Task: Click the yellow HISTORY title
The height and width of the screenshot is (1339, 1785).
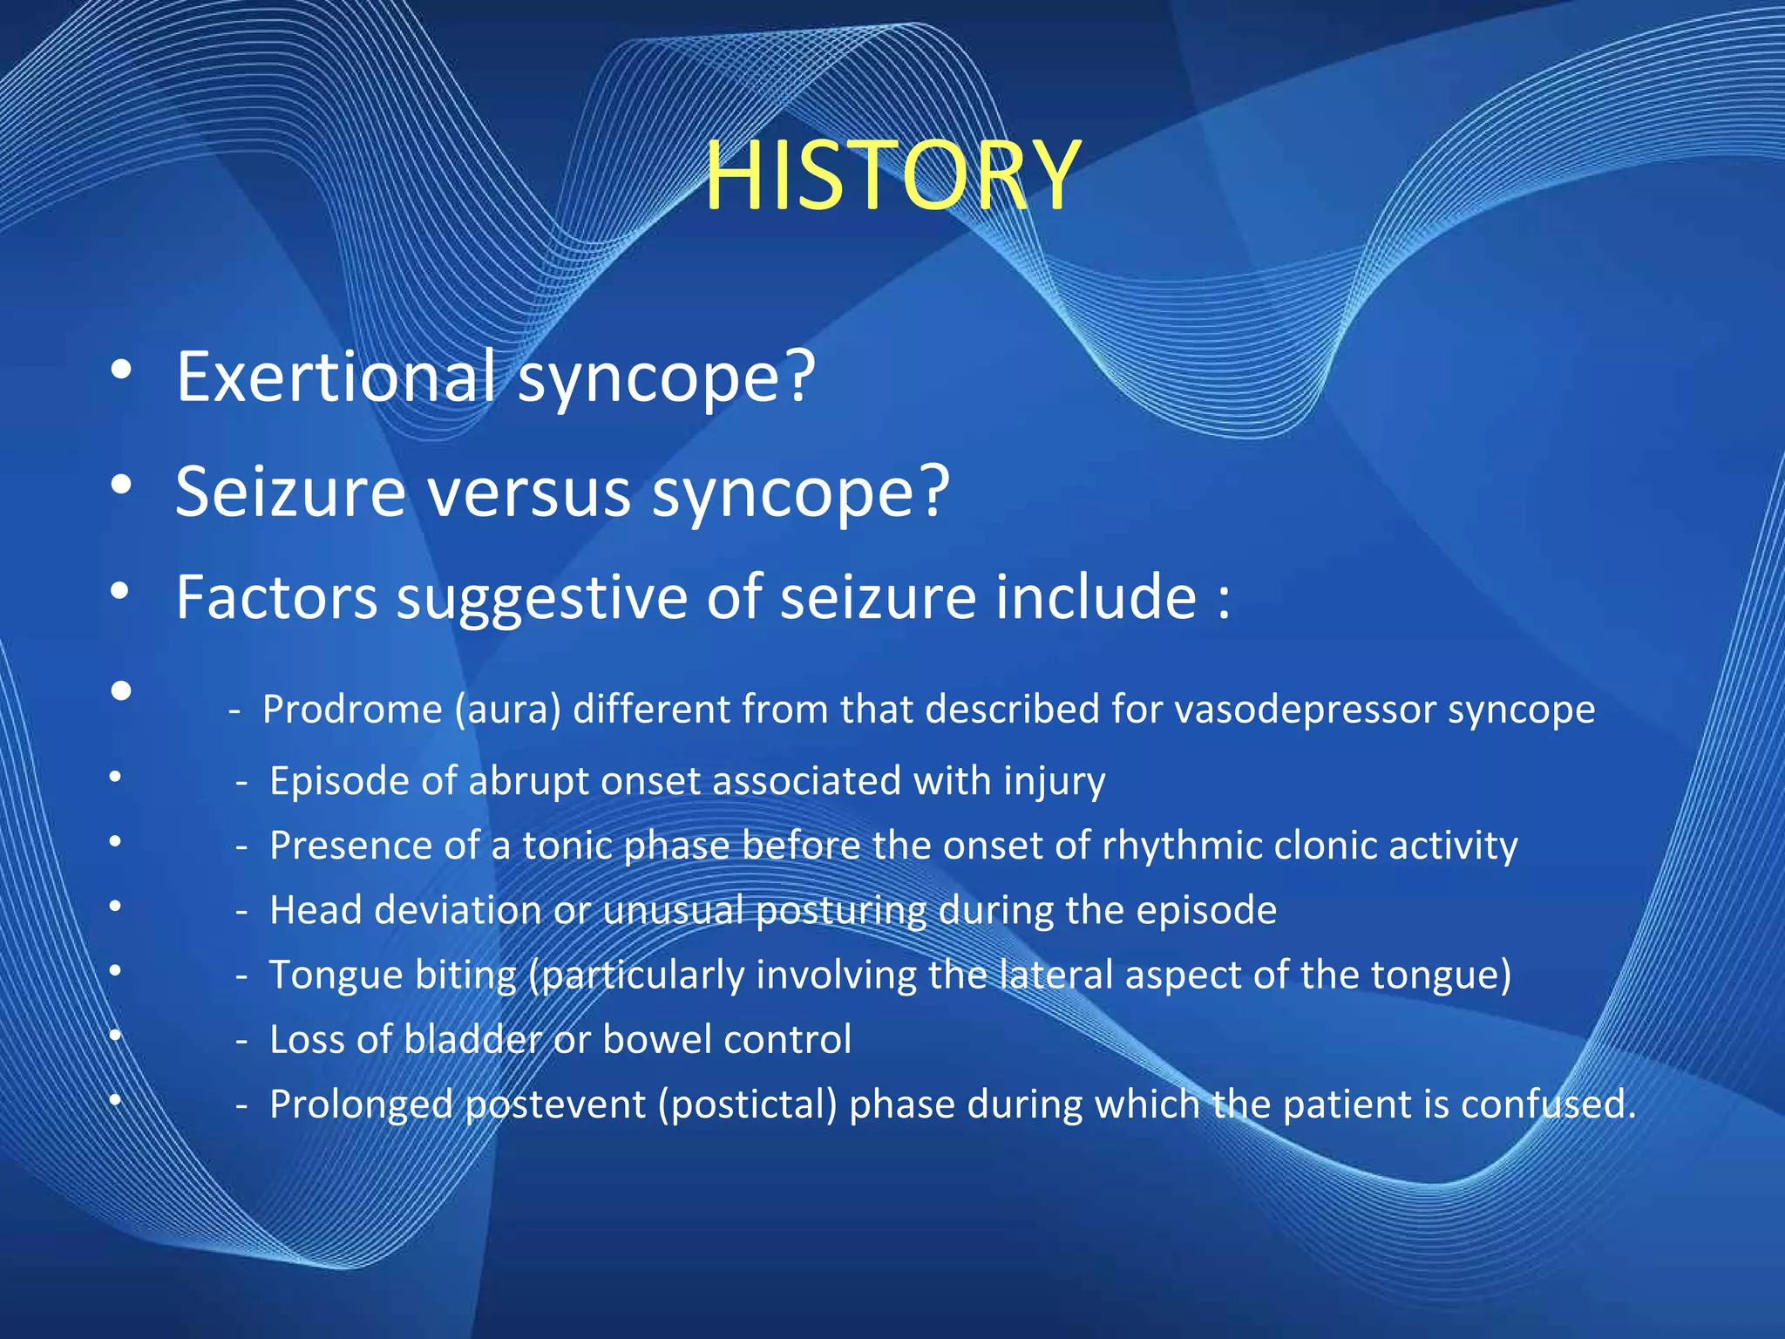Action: pyautogui.click(x=892, y=177)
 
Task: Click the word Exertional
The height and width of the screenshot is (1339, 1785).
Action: pyautogui.click(x=336, y=377)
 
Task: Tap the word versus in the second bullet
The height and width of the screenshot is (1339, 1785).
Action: pyautogui.click(x=528, y=492)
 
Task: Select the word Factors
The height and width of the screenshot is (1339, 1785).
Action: pyautogui.click(x=276, y=597)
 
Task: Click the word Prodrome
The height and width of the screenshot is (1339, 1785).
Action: pyautogui.click(x=352, y=710)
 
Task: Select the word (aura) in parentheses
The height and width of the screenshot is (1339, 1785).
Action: pyautogui.click(x=507, y=710)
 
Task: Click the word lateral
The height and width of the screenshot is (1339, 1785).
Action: pyautogui.click(x=1055, y=975)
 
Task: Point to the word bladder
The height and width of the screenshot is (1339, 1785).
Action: pyautogui.click(x=473, y=1039)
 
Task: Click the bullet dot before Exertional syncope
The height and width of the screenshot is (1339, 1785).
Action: pyautogui.click(x=121, y=370)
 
